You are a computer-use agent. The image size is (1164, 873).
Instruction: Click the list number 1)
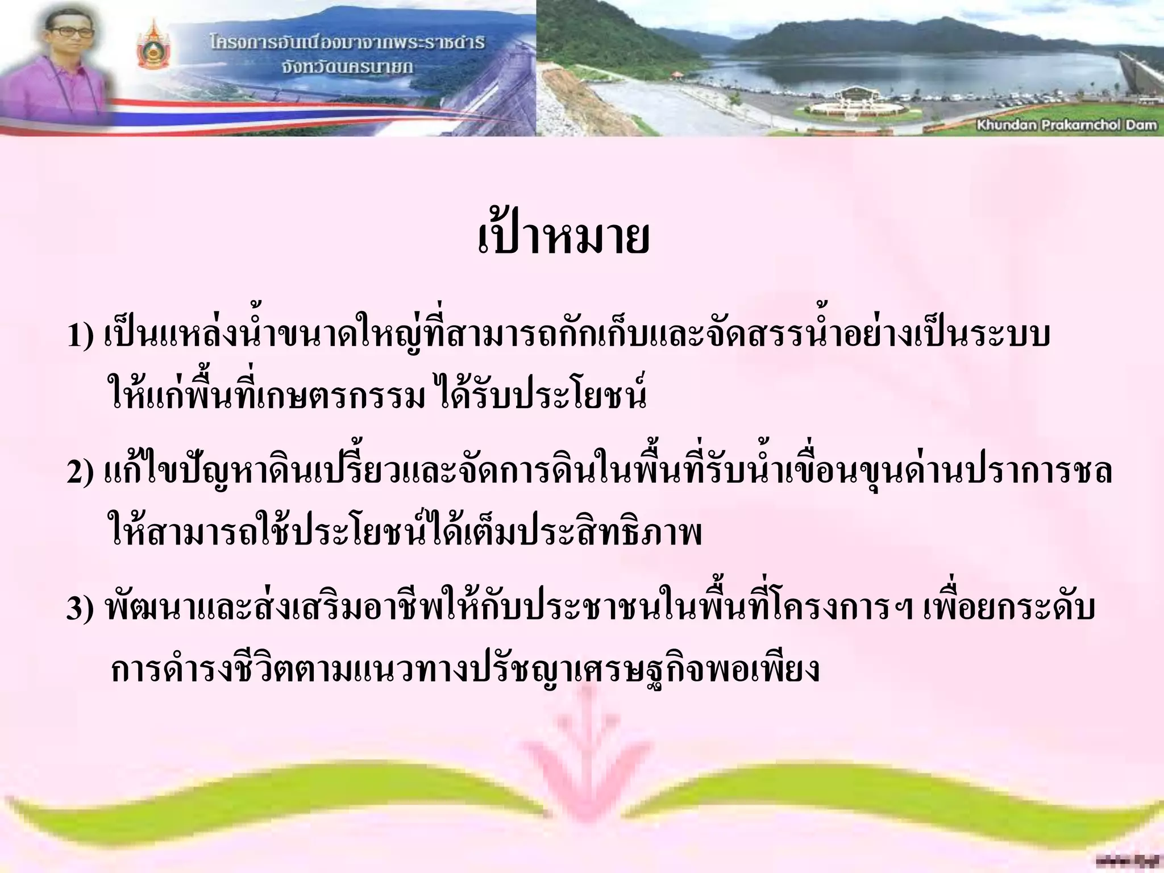pyautogui.click(x=80, y=335)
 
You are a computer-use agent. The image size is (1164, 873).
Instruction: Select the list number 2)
pyautogui.click(x=80, y=473)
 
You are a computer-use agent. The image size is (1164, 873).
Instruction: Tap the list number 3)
pyautogui.click(x=80, y=609)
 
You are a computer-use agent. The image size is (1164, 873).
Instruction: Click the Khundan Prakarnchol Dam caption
pyautogui.click(x=1066, y=124)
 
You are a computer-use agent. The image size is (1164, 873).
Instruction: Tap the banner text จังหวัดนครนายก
pyautogui.click(x=347, y=67)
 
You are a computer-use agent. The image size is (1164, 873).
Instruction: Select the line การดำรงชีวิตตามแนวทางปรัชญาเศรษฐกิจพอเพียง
pyautogui.click(x=465, y=668)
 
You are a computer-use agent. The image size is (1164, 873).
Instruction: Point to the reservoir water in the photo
pyautogui.click(x=909, y=68)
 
